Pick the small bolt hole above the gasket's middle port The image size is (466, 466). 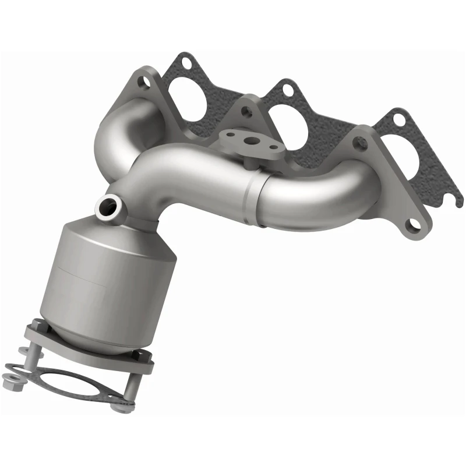287,89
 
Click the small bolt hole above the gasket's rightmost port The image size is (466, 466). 398,119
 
